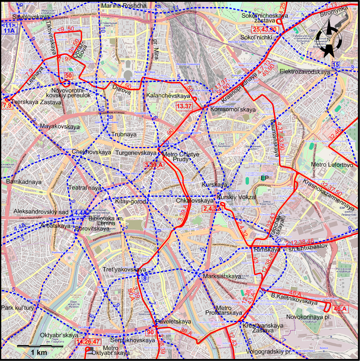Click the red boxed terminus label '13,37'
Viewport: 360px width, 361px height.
[x=184, y=106]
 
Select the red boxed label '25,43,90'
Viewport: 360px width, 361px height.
[x=265, y=30]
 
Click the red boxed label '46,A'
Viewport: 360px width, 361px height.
[x=340, y=309]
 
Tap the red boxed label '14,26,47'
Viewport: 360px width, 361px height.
[x=87, y=341]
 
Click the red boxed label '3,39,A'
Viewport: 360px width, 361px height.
[x=154, y=165]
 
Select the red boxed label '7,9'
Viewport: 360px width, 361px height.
[x=7, y=106]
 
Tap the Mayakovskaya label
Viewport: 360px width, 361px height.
[x=60, y=127]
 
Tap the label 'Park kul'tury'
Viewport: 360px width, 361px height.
[x=17, y=308]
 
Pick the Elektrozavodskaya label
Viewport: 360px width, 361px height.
[x=305, y=72]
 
